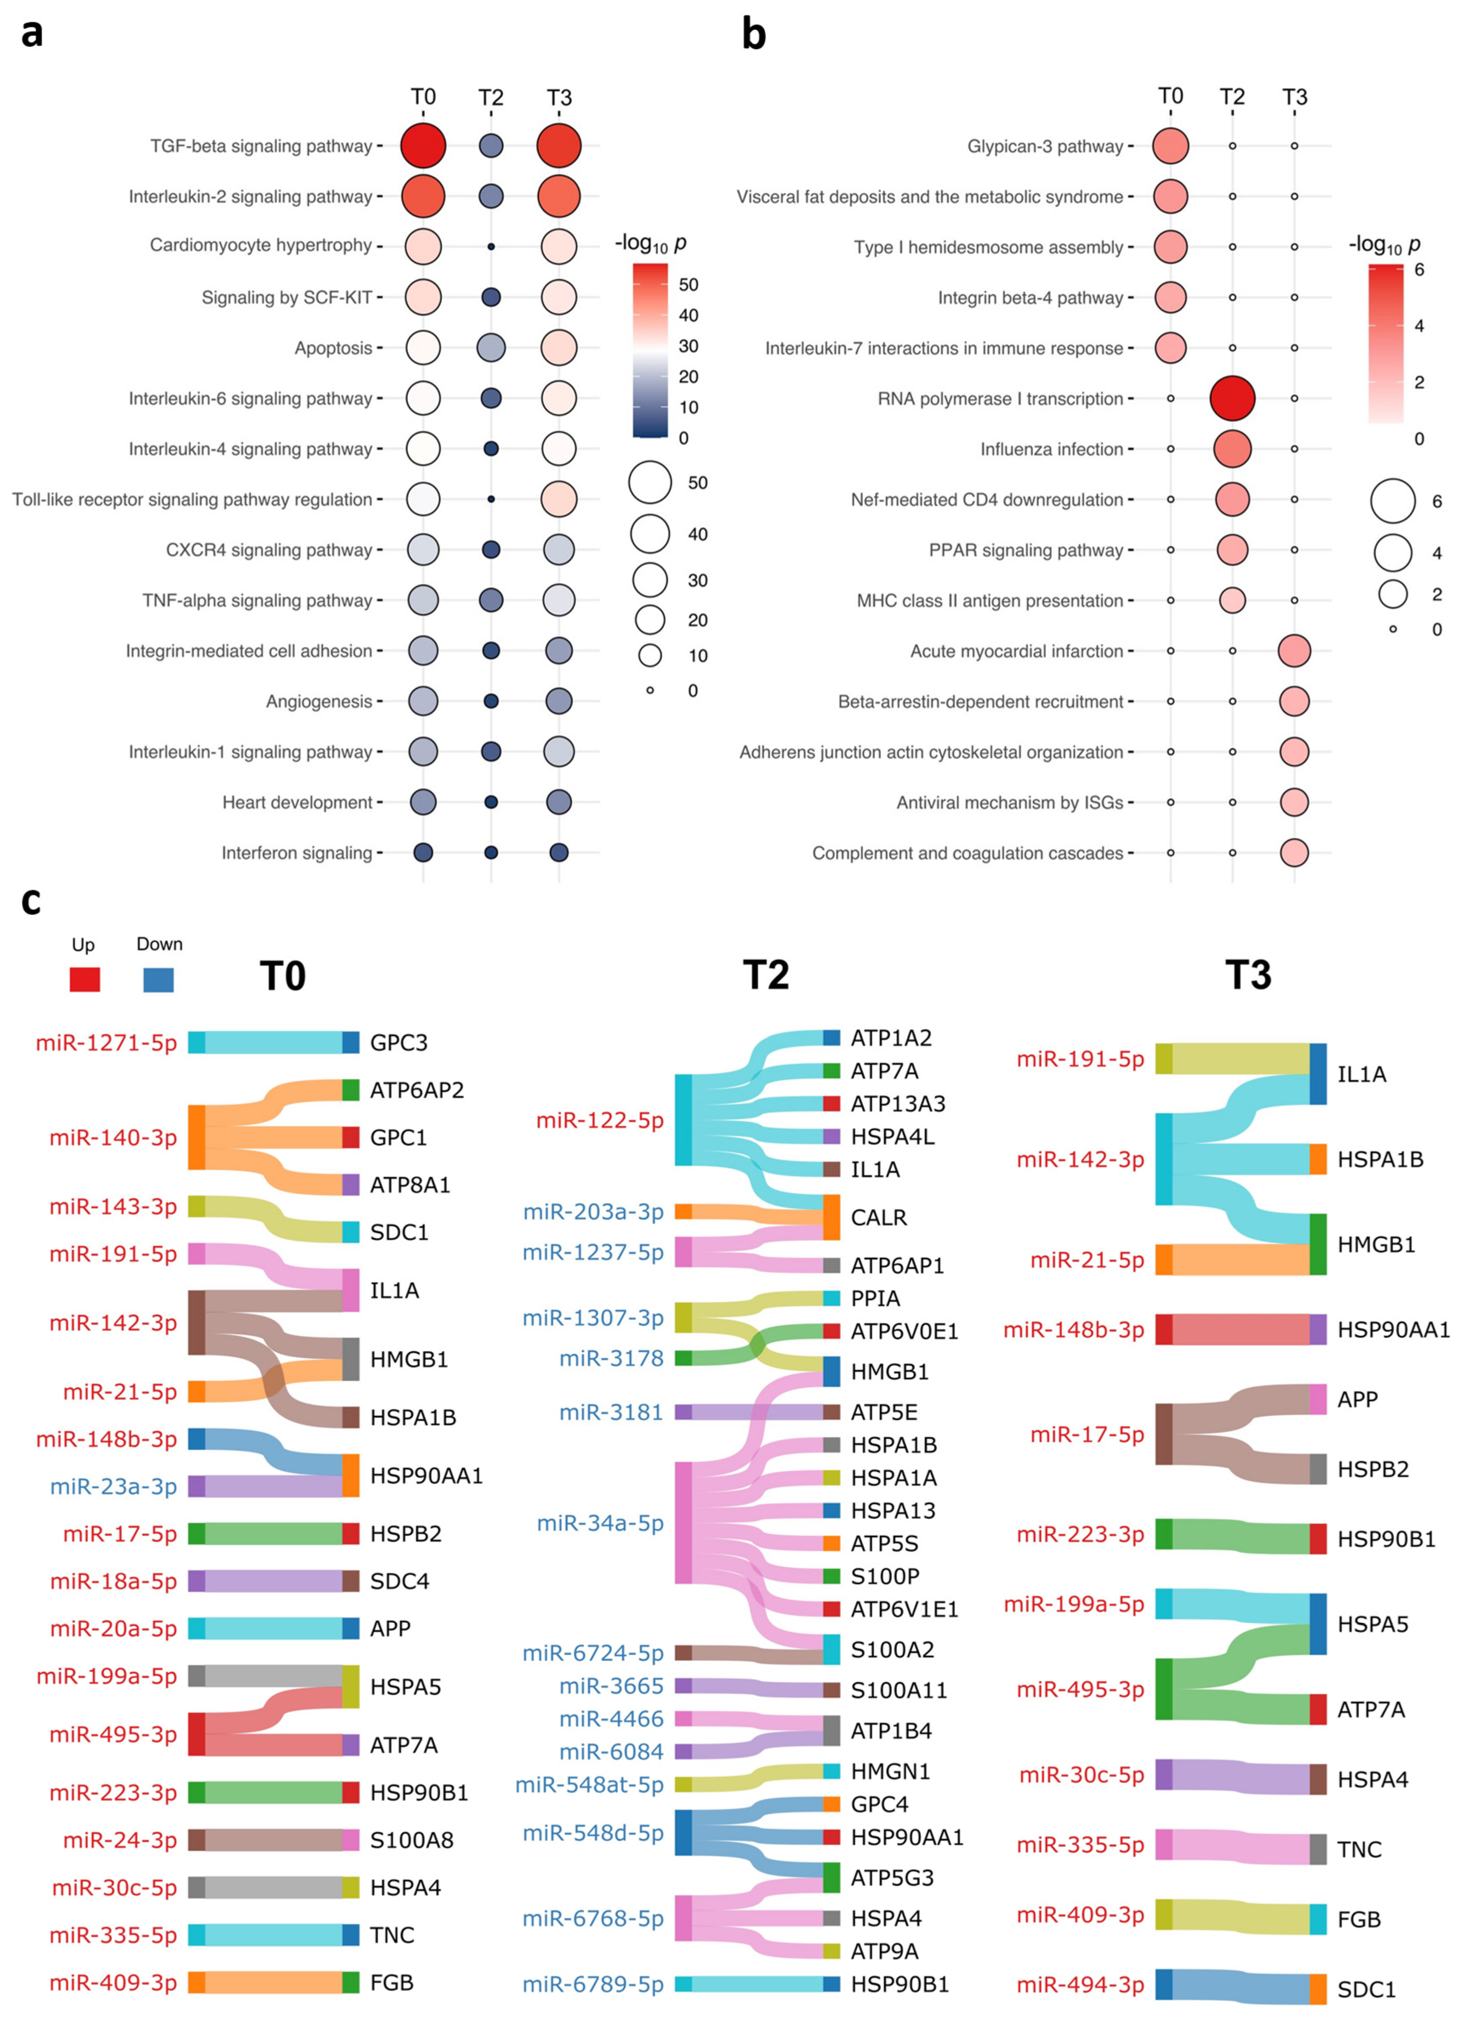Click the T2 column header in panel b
pos(1232,97)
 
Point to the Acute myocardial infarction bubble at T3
pos(1293,651)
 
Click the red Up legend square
pos(85,979)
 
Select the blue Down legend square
pos(158,979)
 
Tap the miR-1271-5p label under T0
pos(106,1042)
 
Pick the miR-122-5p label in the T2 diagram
pos(599,1120)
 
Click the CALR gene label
pos(878,1217)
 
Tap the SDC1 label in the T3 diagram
pos(1366,1989)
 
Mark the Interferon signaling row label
pos(296,853)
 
